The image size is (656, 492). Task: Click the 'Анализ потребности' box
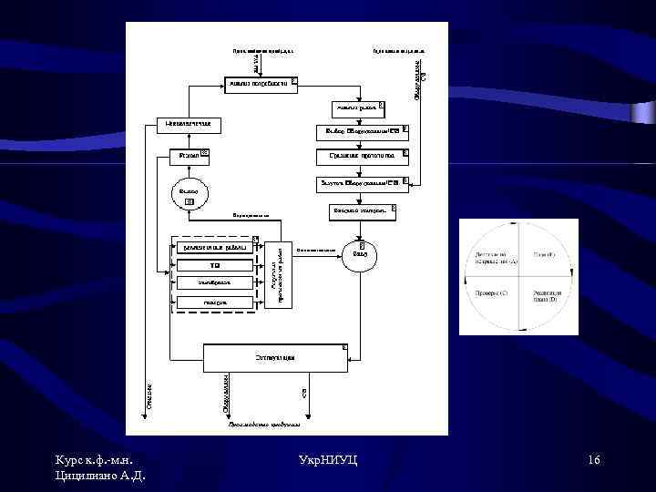click(x=261, y=84)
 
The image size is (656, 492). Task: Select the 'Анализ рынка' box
click(x=350, y=108)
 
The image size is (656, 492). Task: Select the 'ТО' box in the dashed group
click(x=215, y=265)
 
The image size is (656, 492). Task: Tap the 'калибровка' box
click(x=215, y=283)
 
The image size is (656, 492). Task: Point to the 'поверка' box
click(x=215, y=302)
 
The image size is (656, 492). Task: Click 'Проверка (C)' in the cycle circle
click(x=492, y=293)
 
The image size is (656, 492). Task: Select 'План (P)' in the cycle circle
click(x=544, y=254)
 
